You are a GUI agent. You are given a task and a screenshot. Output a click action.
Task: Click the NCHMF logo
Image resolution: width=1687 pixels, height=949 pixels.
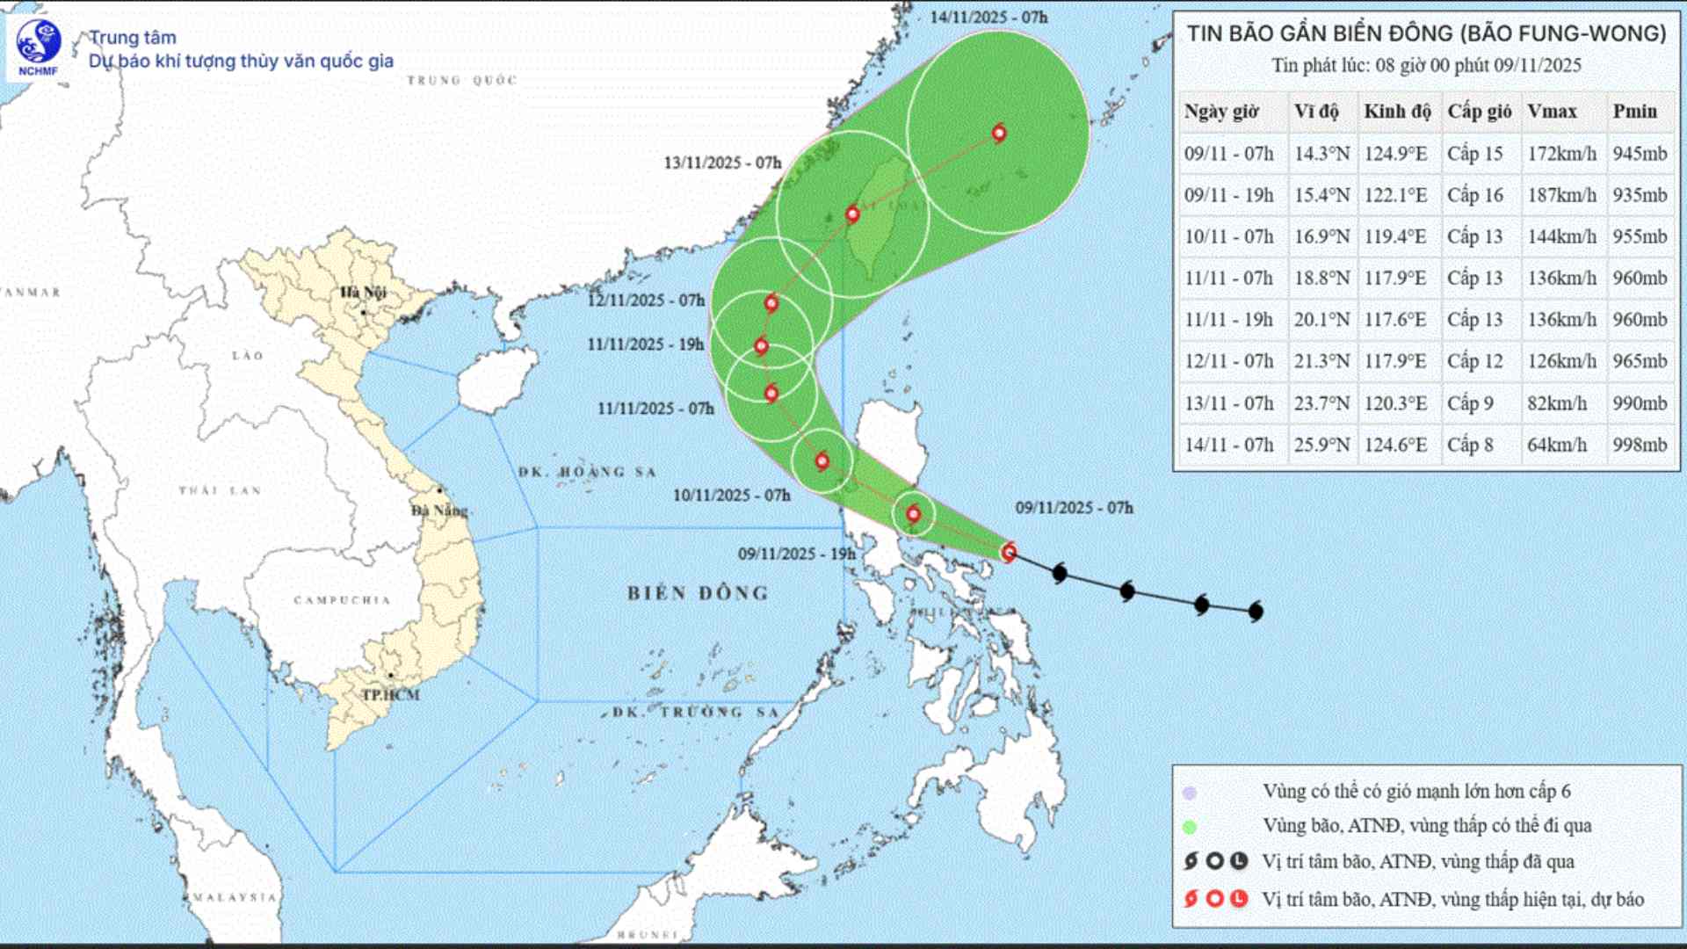click(x=38, y=47)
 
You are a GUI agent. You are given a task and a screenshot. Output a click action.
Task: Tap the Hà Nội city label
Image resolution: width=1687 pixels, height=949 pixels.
click(x=363, y=292)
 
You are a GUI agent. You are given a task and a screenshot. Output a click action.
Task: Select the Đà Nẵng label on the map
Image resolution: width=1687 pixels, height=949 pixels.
click(x=440, y=510)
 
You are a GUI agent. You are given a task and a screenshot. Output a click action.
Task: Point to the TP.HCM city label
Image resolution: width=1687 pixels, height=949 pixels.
click(x=391, y=694)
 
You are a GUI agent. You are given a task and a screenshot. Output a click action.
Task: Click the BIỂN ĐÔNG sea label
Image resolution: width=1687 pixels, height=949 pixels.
click(x=698, y=593)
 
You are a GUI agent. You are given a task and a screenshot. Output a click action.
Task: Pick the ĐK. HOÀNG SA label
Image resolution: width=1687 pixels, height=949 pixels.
click(x=587, y=472)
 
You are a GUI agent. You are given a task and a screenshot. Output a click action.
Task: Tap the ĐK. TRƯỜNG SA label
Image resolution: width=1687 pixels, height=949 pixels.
click(x=695, y=712)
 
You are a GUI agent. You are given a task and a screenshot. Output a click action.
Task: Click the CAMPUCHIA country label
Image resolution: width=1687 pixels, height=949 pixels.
click(x=342, y=600)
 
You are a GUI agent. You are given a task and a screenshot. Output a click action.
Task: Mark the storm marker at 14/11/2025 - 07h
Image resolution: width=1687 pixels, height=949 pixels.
click(x=999, y=134)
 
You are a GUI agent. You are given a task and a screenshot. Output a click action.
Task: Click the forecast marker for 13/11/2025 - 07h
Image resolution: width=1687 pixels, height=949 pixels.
click(x=852, y=214)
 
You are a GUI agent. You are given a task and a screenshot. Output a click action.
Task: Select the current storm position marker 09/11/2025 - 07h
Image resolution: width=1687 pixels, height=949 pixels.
click(x=1010, y=552)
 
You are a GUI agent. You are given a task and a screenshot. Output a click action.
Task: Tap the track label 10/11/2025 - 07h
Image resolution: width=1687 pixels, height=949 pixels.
click(x=731, y=496)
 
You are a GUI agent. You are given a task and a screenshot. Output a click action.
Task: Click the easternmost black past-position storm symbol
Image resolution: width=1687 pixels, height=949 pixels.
click(x=1256, y=611)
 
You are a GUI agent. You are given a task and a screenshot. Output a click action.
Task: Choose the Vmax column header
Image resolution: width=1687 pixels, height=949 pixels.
click(x=1552, y=112)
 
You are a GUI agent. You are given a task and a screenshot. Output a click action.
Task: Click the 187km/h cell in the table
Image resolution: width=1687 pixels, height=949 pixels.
click(x=1561, y=195)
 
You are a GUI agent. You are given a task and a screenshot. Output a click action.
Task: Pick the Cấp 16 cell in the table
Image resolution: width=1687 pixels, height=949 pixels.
click(x=1475, y=195)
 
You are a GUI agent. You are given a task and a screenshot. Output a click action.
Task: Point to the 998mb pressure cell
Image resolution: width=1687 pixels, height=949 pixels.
click(x=1640, y=445)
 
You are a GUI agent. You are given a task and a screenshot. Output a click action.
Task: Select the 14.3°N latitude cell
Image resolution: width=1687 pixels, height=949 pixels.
click(x=1321, y=154)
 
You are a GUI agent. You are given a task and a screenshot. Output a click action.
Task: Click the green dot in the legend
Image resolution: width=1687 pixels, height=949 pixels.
click(x=1190, y=826)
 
